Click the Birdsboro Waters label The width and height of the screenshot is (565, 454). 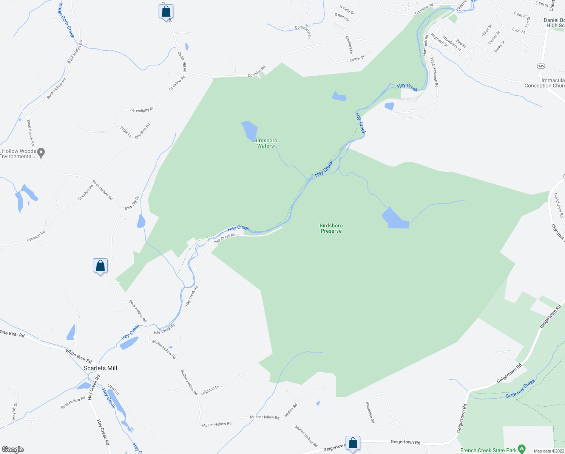[x=266, y=143]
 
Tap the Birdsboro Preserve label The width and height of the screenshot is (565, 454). [x=331, y=228]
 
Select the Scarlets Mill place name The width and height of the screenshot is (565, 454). [x=100, y=368]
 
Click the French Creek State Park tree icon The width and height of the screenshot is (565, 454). [x=522, y=449]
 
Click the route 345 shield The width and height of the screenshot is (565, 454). [x=541, y=66]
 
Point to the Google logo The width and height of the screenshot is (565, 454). [x=12, y=449]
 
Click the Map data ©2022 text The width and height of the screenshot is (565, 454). [x=548, y=451]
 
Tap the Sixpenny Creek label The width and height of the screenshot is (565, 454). [x=520, y=389]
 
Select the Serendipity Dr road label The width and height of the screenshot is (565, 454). [x=142, y=110]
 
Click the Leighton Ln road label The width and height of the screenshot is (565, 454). [x=210, y=390]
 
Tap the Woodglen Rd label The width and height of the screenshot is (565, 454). [x=370, y=412]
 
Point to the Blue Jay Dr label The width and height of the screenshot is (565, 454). [x=132, y=203]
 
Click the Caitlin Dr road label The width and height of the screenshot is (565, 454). [x=357, y=59]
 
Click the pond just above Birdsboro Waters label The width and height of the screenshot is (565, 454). [x=249, y=130]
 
